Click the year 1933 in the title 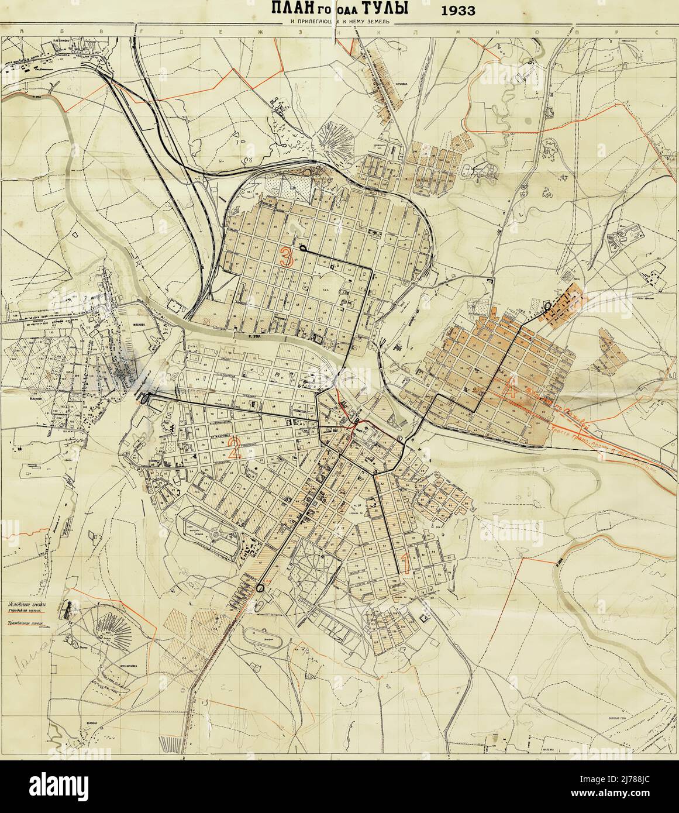tap(459, 10)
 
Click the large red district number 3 tap(287, 258)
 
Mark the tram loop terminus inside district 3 tap(302, 249)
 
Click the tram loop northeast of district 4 tap(547, 306)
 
